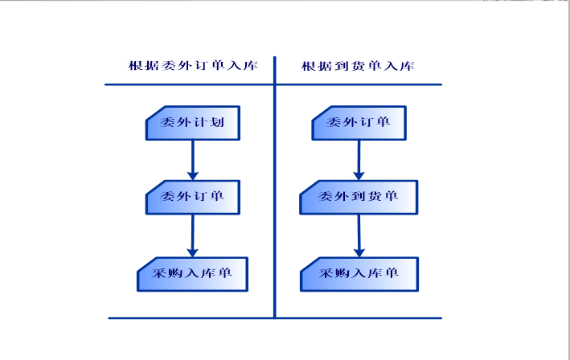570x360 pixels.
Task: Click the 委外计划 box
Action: pos(193,123)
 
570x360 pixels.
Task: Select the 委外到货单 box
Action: pos(359,197)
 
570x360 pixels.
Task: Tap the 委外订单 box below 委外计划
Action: pos(193,197)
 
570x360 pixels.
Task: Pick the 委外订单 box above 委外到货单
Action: pos(359,123)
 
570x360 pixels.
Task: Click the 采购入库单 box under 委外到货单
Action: pos(359,274)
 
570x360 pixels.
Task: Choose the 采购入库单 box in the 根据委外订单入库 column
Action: pos(193,274)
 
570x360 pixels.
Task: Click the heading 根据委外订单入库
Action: pos(193,65)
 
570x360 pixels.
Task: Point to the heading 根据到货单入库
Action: pos(358,66)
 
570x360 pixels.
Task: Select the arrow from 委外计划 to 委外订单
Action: pos(193,160)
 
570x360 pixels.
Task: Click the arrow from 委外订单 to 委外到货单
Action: pos(359,160)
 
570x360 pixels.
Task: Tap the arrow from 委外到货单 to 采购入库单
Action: pos(359,236)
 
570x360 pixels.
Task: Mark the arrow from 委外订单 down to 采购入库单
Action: pos(193,236)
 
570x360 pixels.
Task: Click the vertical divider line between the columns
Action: pos(275,187)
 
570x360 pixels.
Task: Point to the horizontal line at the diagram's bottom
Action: pos(275,318)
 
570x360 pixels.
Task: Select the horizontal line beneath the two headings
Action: pos(273,84)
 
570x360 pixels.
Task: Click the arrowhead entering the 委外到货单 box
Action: pos(359,176)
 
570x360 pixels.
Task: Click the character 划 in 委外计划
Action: pos(217,122)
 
